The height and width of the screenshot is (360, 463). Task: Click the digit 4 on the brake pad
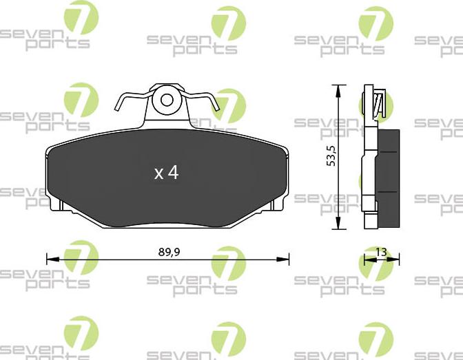pos(172,172)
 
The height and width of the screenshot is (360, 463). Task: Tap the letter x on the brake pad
pos(158,173)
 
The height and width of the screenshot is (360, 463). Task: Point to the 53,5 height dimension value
pos(331,156)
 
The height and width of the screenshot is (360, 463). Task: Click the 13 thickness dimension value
pos(381,252)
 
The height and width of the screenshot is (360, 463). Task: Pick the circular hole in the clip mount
pos(167,100)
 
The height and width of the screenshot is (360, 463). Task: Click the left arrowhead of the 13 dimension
pos(366,260)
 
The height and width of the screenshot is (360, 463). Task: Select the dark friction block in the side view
pos(391,178)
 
